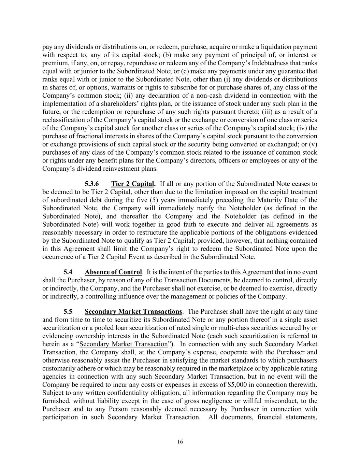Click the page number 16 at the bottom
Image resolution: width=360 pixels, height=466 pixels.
tap(180, 442)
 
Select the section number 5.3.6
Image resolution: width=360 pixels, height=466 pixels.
tap(92, 184)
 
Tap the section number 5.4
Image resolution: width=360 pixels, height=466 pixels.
tap(68, 272)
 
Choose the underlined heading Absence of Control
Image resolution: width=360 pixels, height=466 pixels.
tap(113, 272)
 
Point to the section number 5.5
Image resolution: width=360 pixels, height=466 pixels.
tap(68, 312)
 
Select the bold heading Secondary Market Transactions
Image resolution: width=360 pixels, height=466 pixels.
tap(133, 312)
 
